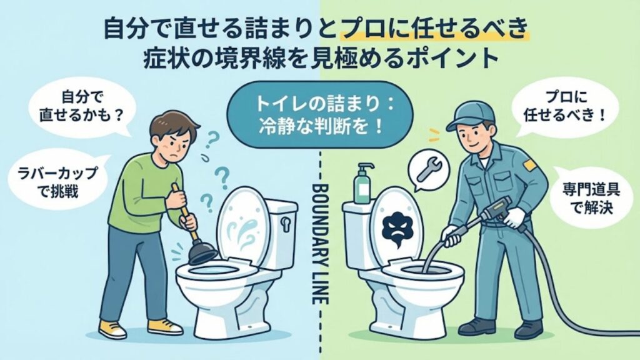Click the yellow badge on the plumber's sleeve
pyautogui.click(x=530, y=164)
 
